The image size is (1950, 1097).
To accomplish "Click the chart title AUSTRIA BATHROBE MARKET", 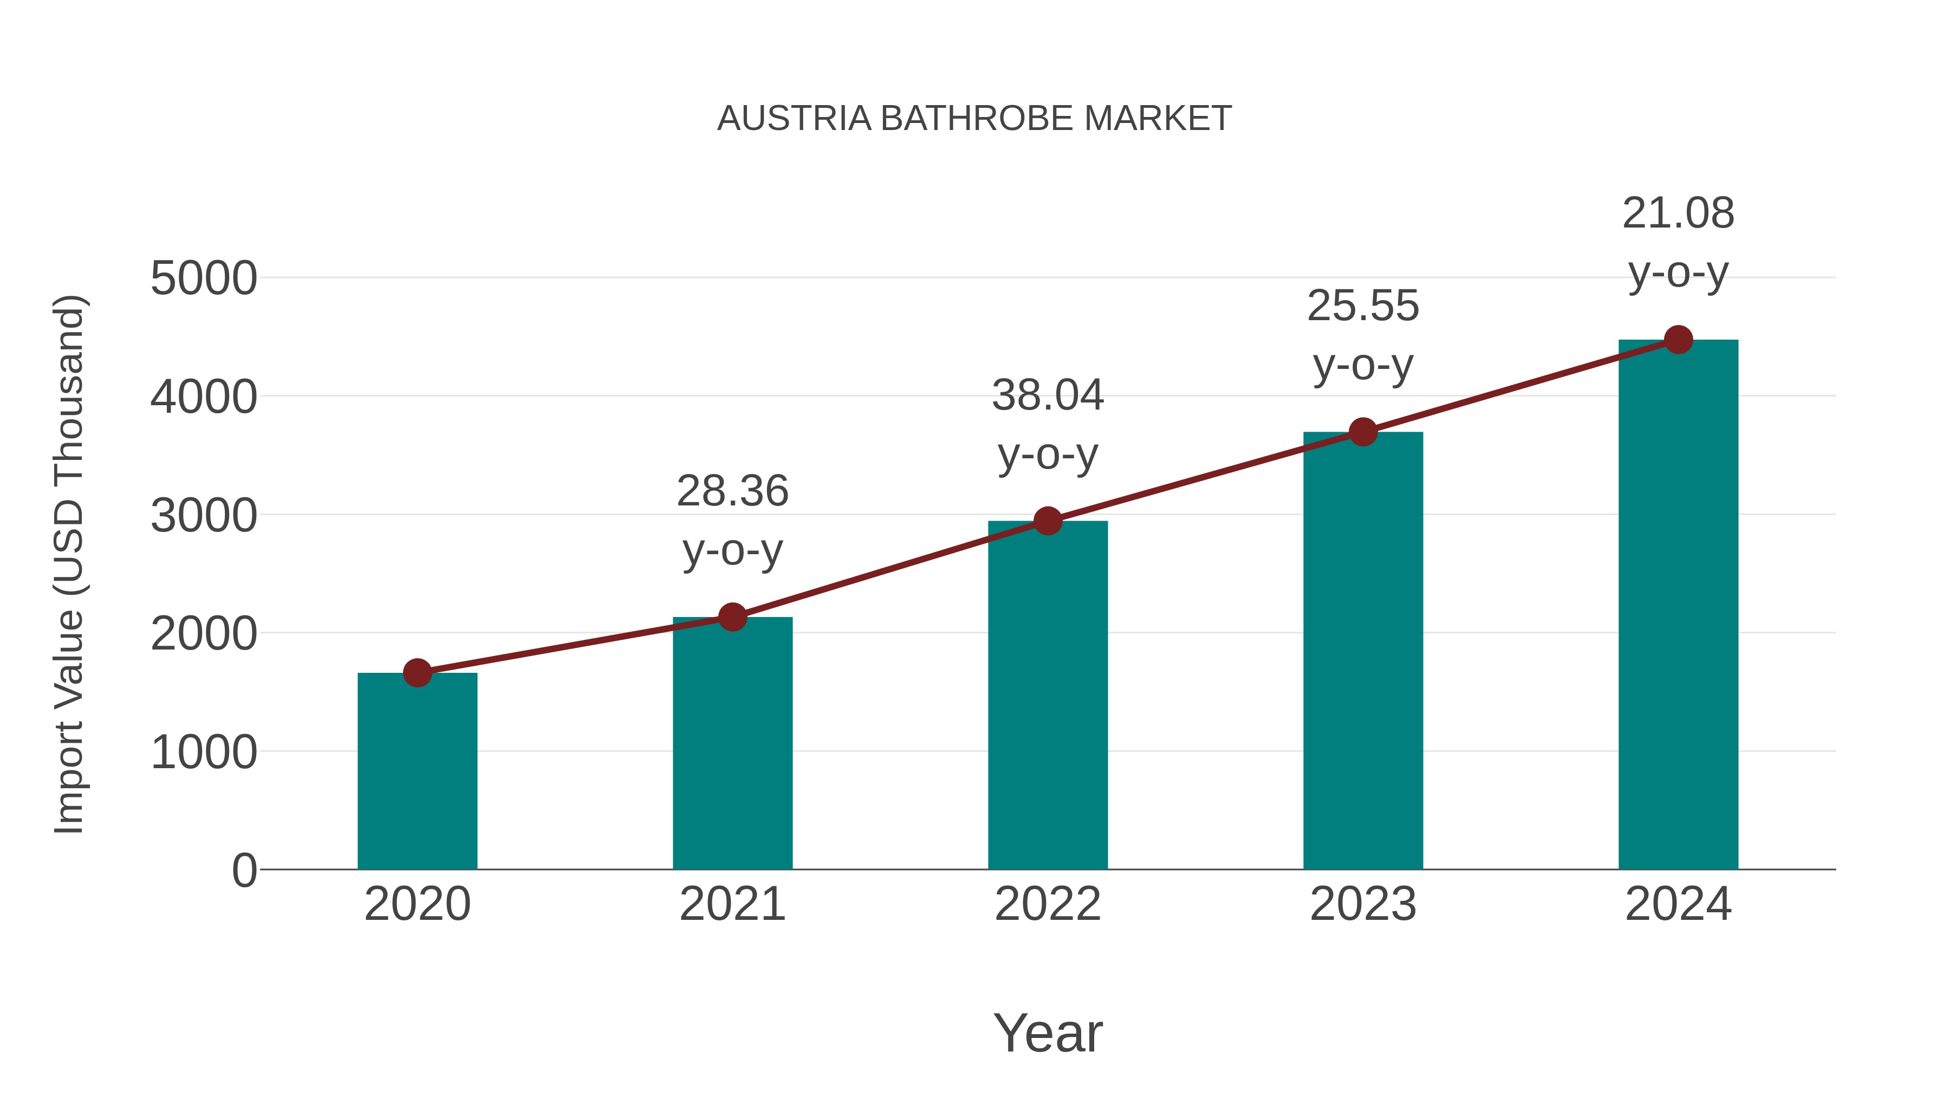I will click(974, 119).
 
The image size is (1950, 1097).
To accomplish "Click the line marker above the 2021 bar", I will click(732, 617).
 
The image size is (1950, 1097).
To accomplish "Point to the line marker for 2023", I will click(1363, 432).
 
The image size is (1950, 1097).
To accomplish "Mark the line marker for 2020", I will click(417, 672).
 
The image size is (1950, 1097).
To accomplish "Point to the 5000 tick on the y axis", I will click(204, 278).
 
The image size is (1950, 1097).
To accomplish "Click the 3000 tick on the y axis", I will click(204, 516).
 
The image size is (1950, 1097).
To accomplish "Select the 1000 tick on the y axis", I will click(204, 752).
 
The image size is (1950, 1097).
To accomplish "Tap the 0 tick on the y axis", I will click(244, 871).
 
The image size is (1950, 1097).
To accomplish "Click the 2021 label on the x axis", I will click(732, 904).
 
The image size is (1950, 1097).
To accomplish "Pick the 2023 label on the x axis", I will click(1363, 904).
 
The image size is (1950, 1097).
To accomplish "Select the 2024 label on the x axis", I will click(1678, 904).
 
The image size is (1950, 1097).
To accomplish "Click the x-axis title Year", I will click(1048, 1033).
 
